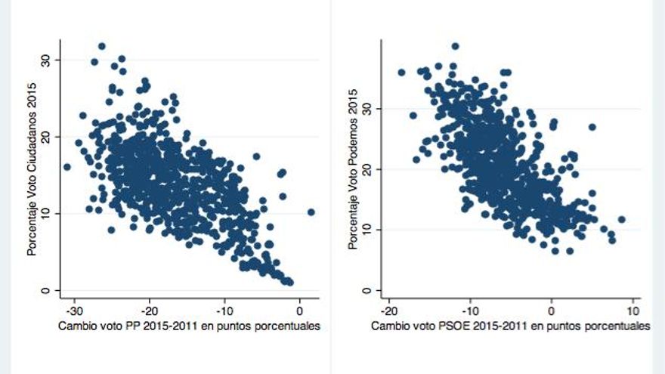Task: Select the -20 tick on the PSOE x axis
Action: [388, 311]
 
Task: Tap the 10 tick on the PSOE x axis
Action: [633, 311]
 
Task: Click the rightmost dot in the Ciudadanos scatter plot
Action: [311, 212]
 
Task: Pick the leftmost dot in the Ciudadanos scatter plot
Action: [66, 167]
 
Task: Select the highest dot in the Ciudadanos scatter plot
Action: [101, 46]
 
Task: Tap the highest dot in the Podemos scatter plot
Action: [455, 46]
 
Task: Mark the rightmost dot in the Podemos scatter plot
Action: [622, 220]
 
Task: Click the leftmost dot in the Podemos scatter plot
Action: [401, 73]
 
